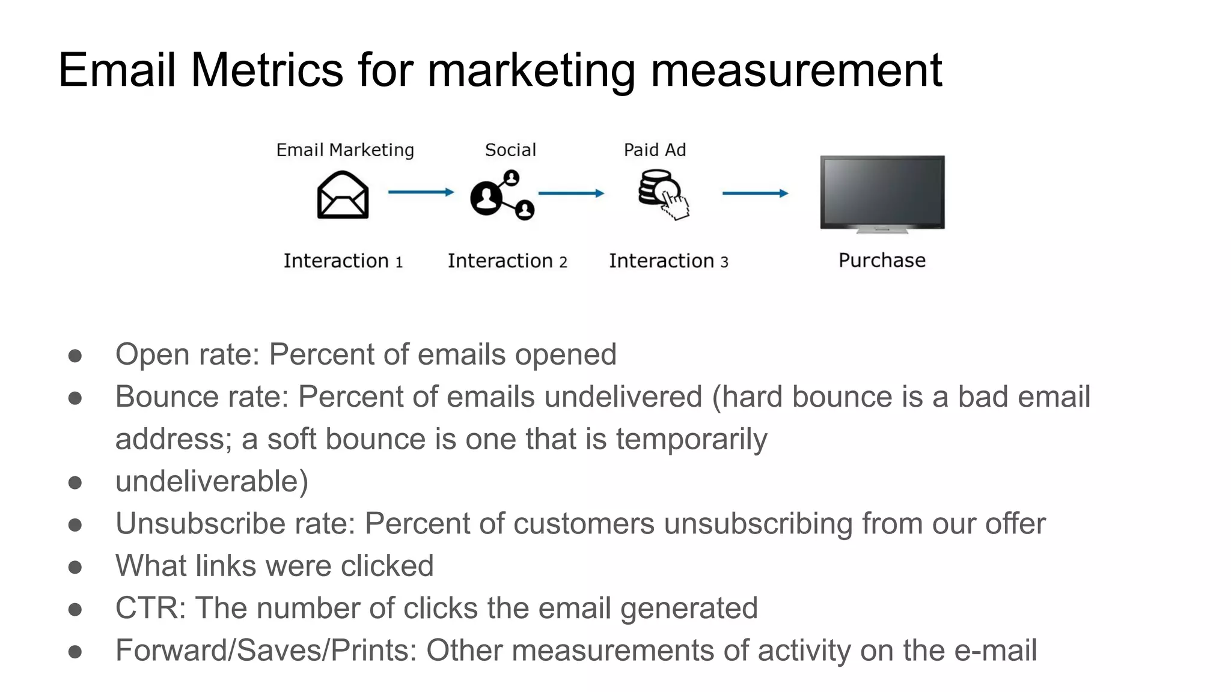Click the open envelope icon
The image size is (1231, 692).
point(343,195)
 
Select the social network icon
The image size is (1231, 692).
point(502,196)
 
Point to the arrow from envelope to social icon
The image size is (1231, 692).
point(421,192)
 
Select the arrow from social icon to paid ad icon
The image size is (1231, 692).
point(571,193)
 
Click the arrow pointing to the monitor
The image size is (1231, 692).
point(755,193)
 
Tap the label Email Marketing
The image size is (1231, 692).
point(345,150)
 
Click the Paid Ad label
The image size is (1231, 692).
point(655,150)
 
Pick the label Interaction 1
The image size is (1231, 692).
point(343,261)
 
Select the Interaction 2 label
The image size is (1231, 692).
point(507,261)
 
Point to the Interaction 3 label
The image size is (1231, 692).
point(668,261)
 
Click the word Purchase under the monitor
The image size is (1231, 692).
point(882,261)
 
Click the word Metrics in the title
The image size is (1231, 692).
point(267,70)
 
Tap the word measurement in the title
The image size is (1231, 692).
point(796,70)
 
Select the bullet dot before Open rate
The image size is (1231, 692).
point(75,356)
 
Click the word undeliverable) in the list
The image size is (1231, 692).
point(212,481)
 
